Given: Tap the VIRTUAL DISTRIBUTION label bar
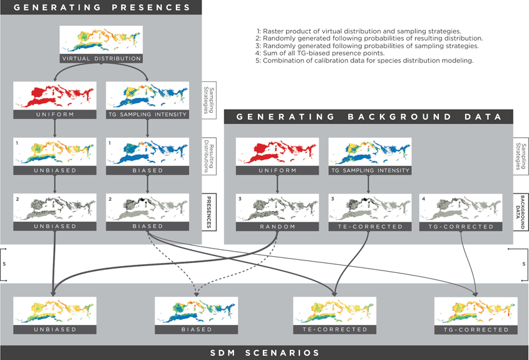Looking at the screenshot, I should (x=101, y=58).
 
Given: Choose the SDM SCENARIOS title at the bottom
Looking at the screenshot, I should (x=264, y=352).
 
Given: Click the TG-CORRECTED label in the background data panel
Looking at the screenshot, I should (x=461, y=226).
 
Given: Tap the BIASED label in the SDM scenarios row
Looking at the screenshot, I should (x=196, y=329).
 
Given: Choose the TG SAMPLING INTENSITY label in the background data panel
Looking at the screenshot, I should (x=369, y=170).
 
